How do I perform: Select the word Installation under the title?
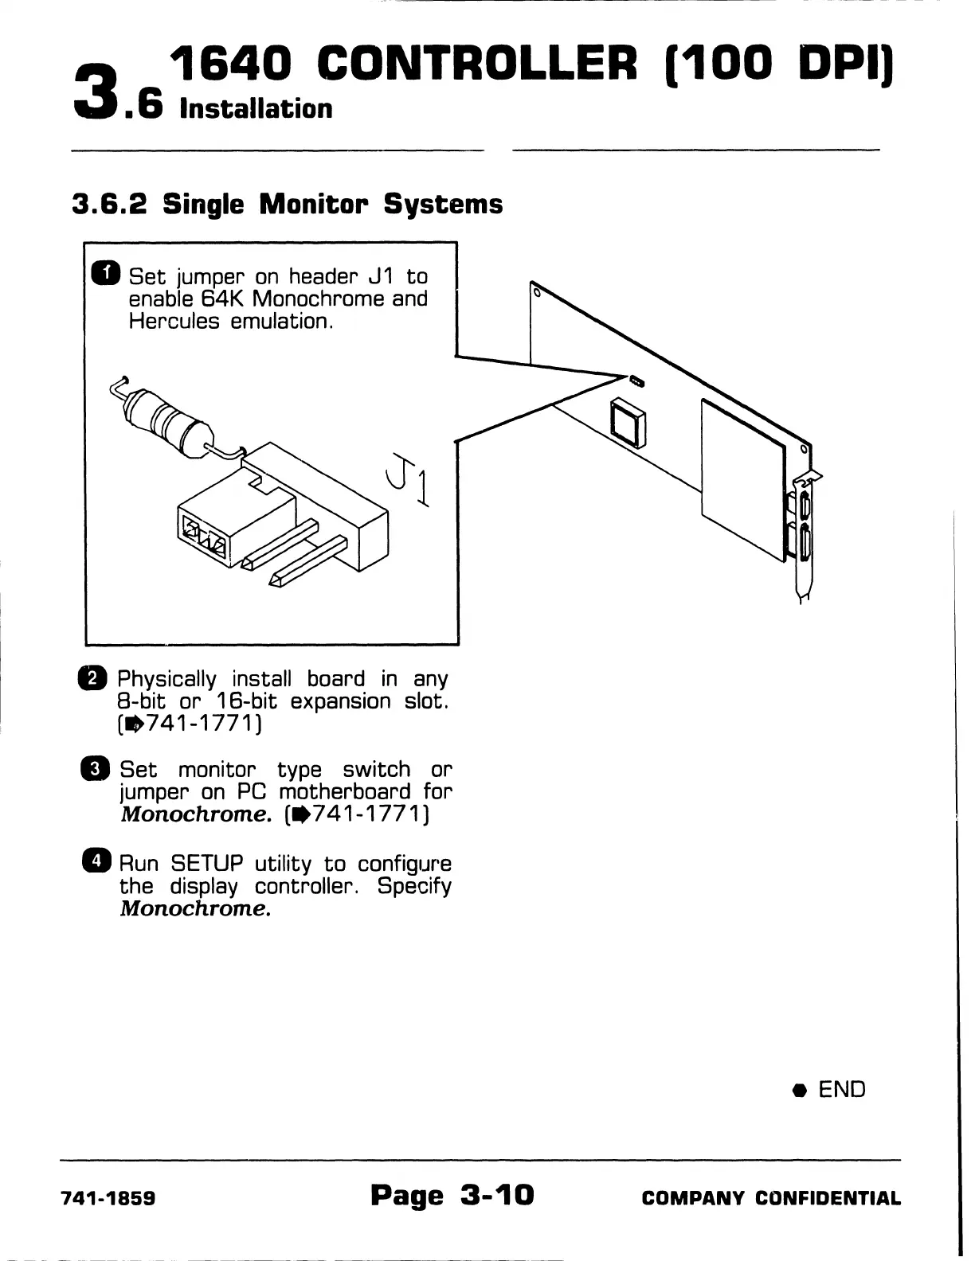pos(256,108)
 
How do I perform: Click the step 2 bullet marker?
pos(96,678)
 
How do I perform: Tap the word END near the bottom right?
pos(841,1089)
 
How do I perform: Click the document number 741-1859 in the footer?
pos(108,1198)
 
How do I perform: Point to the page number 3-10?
pos(496,1195)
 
